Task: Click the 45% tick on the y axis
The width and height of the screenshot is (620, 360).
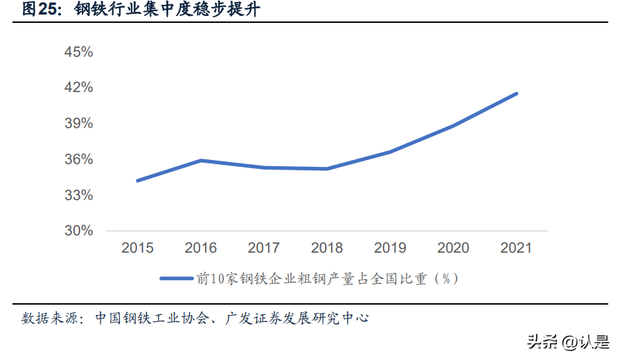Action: pos(79,52)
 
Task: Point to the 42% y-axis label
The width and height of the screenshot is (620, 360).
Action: pos(79,87)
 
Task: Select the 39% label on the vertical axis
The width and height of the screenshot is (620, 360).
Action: pos(79,123)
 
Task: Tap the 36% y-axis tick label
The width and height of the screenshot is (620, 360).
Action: pos(79,159)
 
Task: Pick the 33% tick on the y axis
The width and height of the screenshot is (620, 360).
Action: pos(79,195)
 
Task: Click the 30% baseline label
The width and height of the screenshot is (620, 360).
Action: pos(79,231)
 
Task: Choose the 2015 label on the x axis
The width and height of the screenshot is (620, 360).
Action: pos(137,248)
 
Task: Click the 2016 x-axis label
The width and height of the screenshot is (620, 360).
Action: pos(200,248)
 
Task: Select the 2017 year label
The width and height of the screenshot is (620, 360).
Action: pos(264,248)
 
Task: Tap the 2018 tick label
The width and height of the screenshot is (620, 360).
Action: pos(327,248)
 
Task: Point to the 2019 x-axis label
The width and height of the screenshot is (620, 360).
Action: pos(390,248)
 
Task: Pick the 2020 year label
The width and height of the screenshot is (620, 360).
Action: pos(453,248)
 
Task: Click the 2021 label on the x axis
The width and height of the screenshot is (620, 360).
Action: pos(516,248)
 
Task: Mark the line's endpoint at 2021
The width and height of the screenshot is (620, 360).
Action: pos(516,94)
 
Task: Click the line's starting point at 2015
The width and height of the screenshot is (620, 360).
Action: pos(138,181)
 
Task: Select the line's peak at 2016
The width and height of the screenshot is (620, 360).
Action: pos(201,161)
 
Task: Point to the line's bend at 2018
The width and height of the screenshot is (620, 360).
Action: pos(327,169)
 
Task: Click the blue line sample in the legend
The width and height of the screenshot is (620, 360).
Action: pos(177,278)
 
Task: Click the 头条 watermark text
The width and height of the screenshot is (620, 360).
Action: pos(542,342)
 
